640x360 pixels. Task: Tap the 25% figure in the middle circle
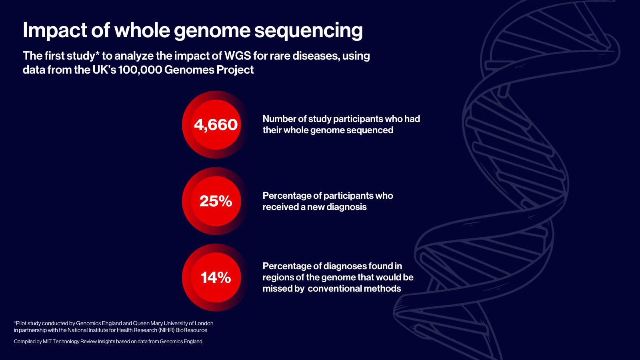[216, 201]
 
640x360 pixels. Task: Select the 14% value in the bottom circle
[216, 278]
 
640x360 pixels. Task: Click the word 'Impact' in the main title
[55, 31]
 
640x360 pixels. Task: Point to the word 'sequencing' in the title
[308, 31]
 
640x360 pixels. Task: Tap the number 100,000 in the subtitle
[140, 70]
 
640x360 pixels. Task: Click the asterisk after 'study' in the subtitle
[97, 53]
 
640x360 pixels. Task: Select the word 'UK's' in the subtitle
[104, 70]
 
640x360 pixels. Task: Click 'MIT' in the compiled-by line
[47, 342]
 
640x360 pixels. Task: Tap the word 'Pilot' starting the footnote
[21, 324]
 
